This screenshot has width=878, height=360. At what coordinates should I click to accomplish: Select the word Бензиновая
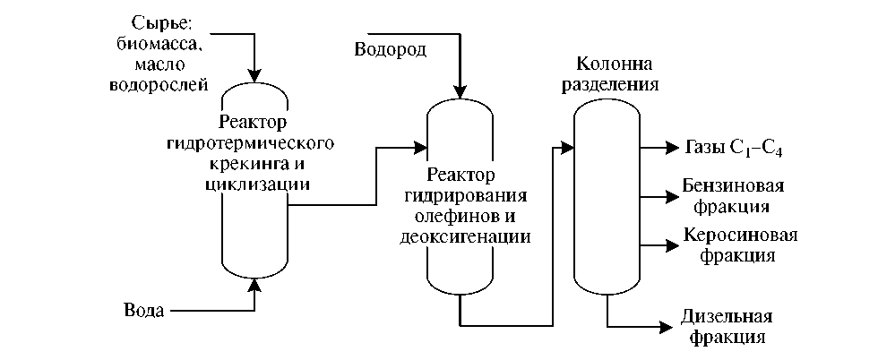tap(734, 186)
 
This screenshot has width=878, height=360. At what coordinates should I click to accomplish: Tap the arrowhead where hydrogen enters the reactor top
tap(461, 91)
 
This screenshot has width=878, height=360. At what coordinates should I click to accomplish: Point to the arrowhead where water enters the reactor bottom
tap(255, 284)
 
